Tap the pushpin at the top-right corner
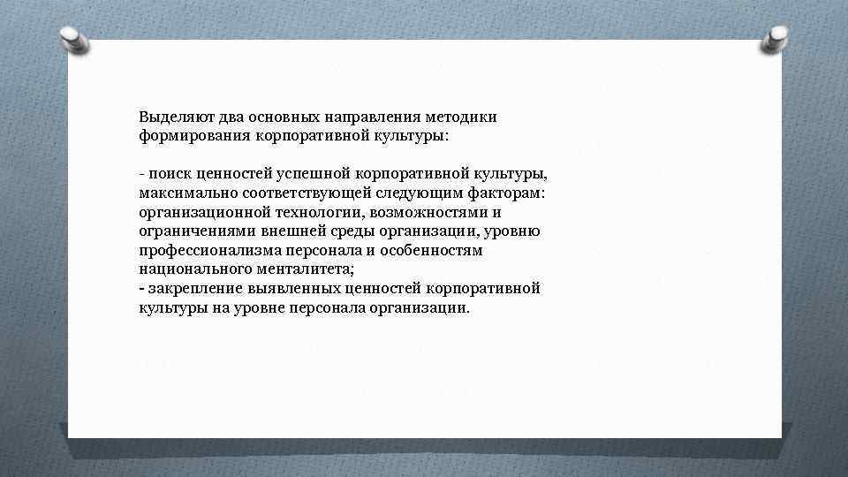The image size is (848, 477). (x=776, y=36)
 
